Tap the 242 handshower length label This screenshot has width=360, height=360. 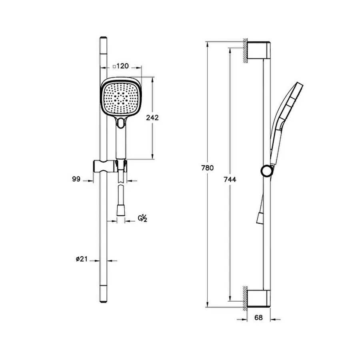click(152, 118)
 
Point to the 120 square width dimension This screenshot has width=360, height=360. click(122, 66)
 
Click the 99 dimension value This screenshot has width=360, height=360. click(76, 179)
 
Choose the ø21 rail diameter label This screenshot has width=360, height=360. click(82, 259)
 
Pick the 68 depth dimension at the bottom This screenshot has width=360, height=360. click(258, 318)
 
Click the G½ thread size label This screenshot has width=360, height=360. click(143, 218)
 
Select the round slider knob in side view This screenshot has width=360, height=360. click(266, 171)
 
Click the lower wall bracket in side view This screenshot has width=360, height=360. click(258, 298)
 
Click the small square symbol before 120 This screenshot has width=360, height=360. click(114, 66)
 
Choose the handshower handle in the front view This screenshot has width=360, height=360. click(121, 142)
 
